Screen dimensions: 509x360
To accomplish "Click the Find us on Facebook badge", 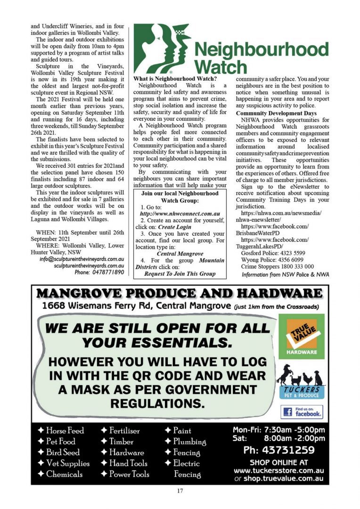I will point(302,411).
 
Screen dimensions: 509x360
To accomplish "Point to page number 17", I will point(180,491).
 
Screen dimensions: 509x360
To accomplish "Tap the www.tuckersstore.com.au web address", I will point(279,470).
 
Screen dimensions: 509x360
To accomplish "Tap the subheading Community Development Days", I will point(276,114).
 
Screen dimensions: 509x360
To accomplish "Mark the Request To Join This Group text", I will point(180,273).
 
